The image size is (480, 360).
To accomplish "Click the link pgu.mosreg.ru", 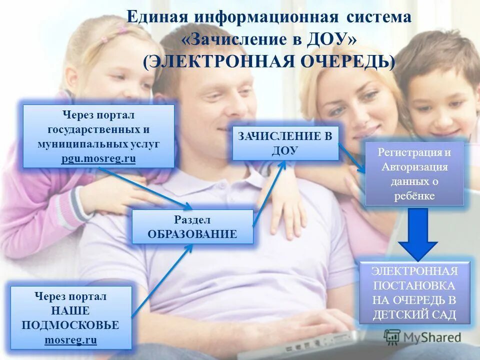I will point(98,158).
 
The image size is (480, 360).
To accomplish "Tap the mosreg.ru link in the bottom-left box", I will point(70,340).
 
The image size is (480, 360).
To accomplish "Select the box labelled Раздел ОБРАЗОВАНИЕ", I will point(192,226).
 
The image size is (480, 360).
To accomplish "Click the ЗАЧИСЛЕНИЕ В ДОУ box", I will point(285,143).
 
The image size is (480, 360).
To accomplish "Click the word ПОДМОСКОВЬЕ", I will point(70,325).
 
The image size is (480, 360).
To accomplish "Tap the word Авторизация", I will point(414,167).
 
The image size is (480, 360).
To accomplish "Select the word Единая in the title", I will point(156,17).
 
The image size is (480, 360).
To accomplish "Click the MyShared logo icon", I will point(392,336).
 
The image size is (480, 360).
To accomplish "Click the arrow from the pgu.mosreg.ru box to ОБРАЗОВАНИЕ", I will point(145,188).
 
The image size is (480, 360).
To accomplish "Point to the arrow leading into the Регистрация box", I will point(352,158).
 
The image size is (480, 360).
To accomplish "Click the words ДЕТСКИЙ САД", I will point(414,315).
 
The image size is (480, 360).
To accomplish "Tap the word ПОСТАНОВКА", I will point(414,286).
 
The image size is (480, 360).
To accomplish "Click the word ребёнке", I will point(414,196).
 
